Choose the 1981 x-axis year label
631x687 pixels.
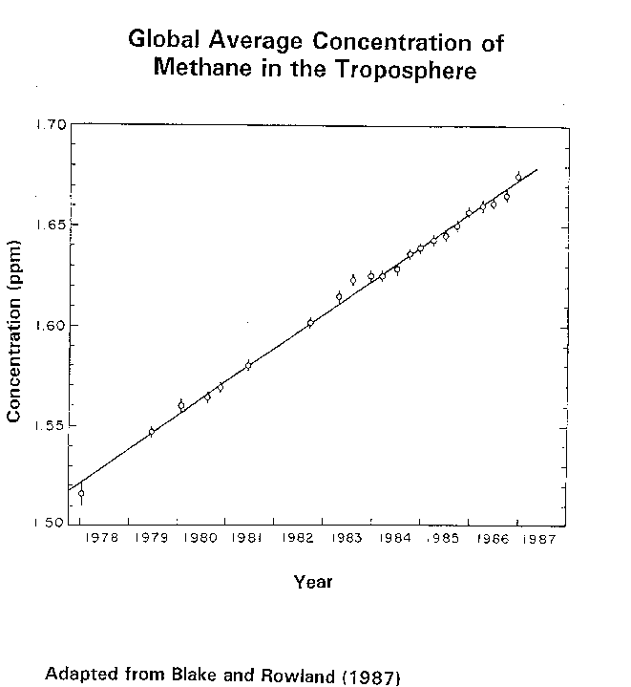[x=249, y=539]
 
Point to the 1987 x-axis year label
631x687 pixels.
[x=541, y=539]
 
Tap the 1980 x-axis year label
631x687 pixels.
[x=200, y=539]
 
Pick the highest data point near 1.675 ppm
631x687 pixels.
[x=518, y=177]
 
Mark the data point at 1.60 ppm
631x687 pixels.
[x=310, y=323]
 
